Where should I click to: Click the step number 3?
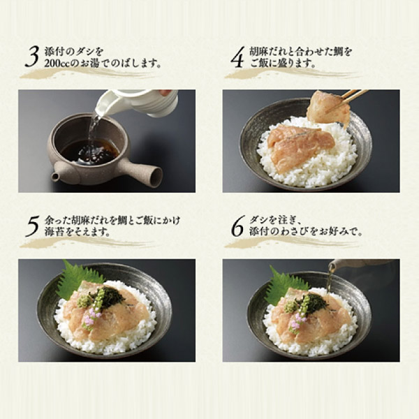tap(32, 57)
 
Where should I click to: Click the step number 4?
tap(237, 57)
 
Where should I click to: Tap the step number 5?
tap(32, 226)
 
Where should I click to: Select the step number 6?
tap(237, 226)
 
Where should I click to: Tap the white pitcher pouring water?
tap(136, 103)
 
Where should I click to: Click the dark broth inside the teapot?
tap(89, 152)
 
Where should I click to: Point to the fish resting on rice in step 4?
tap(302, 147)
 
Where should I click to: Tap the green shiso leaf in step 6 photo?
tap(285, 283)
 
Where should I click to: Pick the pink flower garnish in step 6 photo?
tap(297, 323)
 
